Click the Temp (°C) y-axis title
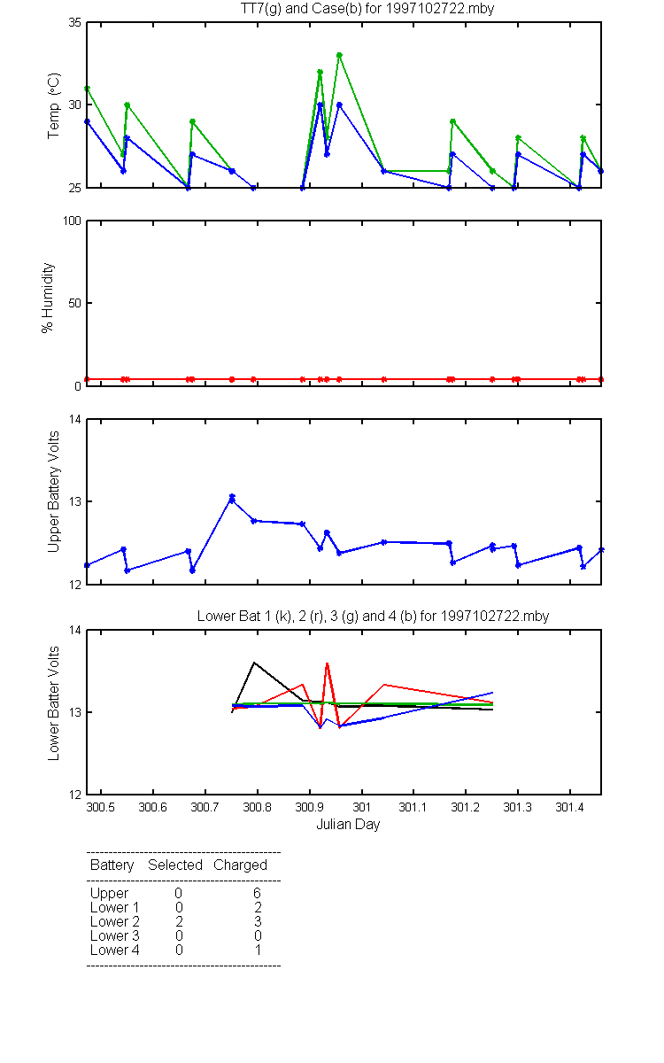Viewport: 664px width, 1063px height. (54, 105)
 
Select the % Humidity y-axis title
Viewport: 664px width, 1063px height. (50, 298)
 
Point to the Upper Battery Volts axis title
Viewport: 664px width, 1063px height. (54, 492)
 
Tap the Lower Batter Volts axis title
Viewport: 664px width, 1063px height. (54, 700)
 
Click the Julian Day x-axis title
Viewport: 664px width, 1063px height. (348, 825)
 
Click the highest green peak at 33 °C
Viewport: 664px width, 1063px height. (339, 55)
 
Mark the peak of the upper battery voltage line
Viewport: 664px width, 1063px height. (232, 498)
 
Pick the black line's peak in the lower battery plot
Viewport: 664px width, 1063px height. (255, 662)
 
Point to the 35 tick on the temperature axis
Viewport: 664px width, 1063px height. (74, 23)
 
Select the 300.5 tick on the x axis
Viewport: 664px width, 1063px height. (102, 808)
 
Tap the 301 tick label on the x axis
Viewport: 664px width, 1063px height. (361, 808)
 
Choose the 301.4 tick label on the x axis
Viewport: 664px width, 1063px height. (568, 808)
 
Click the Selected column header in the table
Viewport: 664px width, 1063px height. (175, 865)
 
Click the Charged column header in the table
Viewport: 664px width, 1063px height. (240, 865)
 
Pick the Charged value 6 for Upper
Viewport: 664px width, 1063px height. (257, 893)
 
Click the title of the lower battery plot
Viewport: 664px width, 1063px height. (373, 616)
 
